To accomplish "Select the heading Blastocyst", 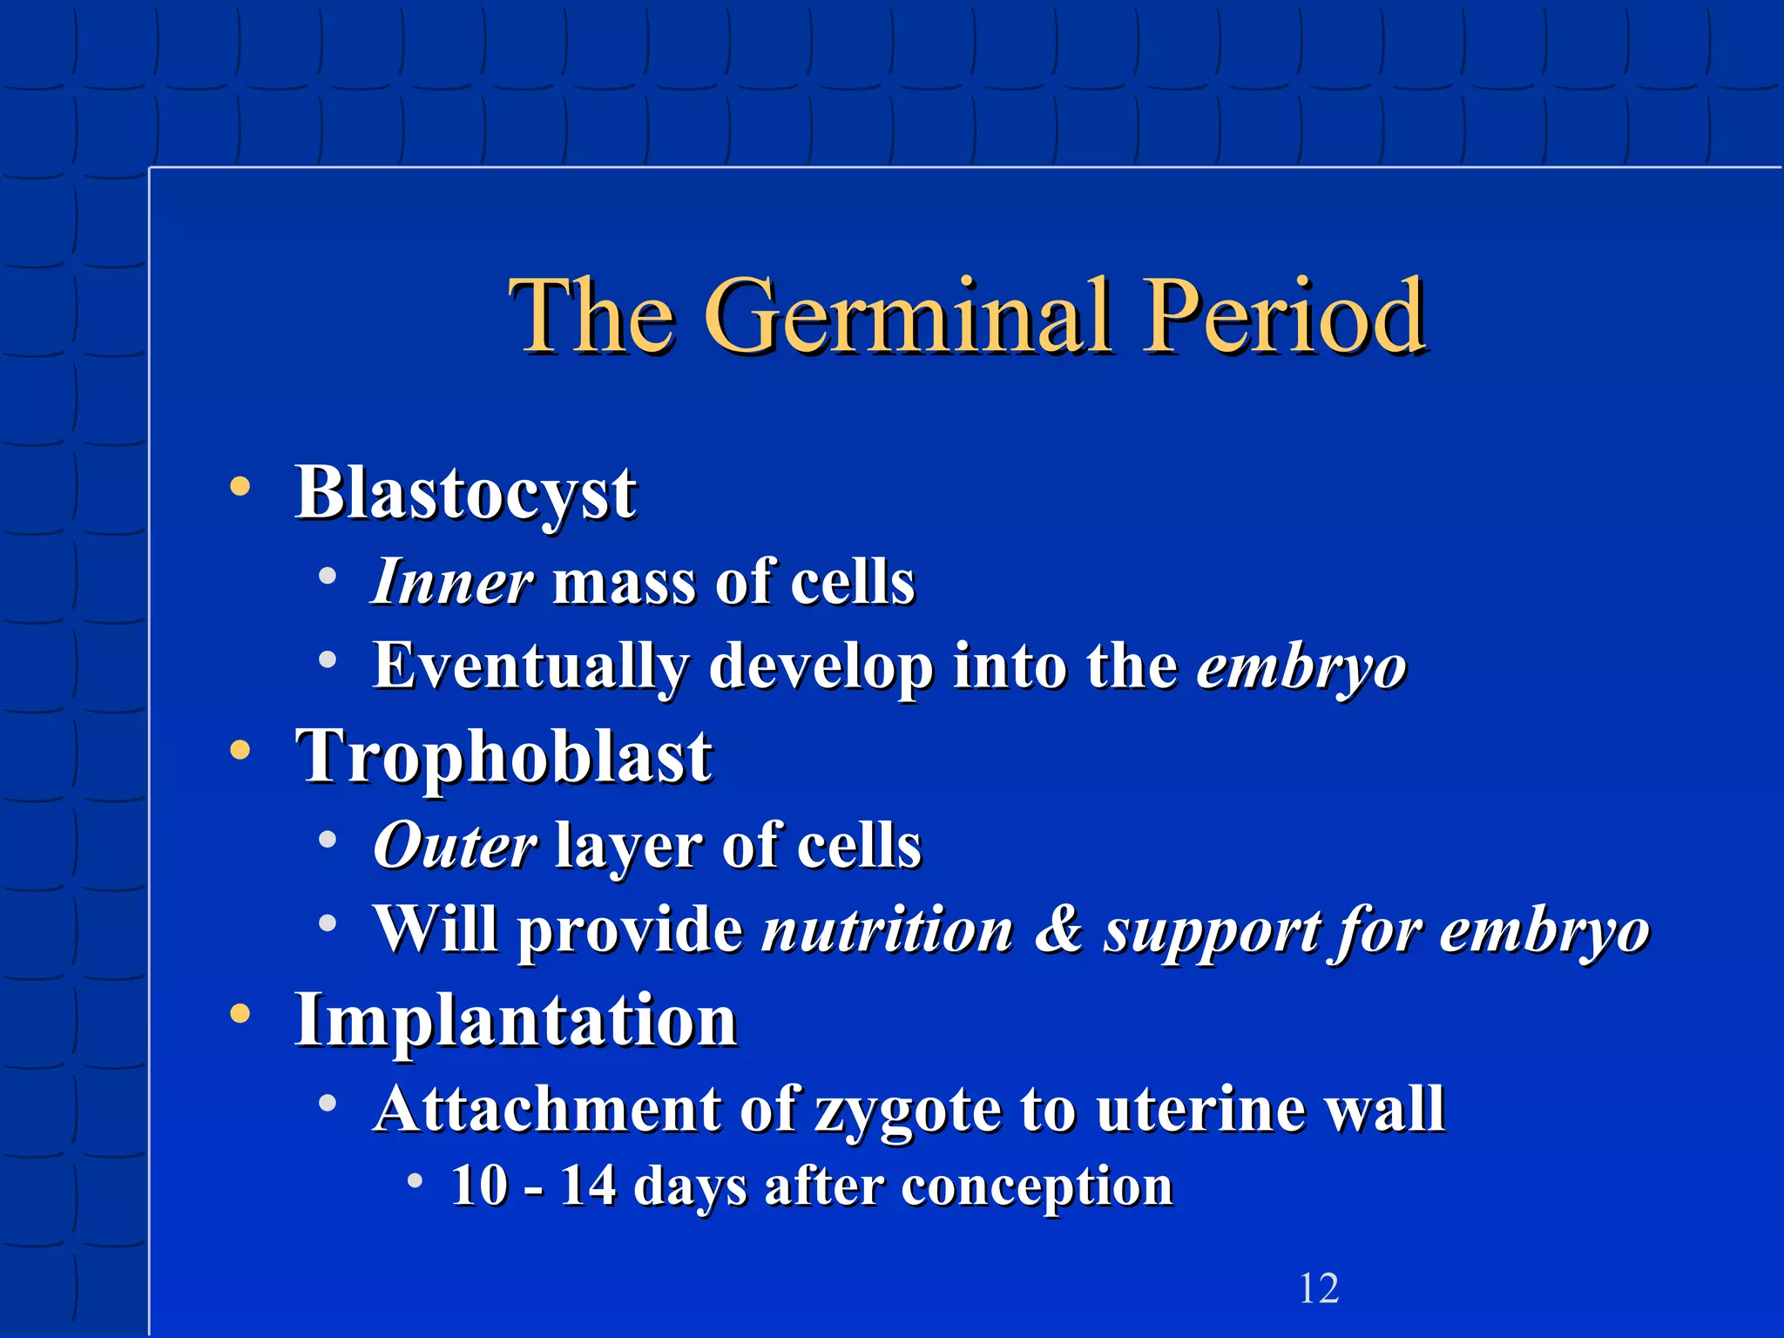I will coord(466,493).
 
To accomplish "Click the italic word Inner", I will coord(451,582).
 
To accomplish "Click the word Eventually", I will coord(530,666).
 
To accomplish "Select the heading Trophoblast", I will coord(504,756).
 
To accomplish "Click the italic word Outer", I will coord(454,846).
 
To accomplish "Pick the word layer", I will coord(628,848).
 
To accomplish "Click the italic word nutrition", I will coord(888,930).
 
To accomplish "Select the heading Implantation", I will coord(516,1021).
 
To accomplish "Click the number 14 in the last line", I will coord(588,1186).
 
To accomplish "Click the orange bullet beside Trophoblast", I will coord(240,750).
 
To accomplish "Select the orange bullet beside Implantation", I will coord(240,1014).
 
